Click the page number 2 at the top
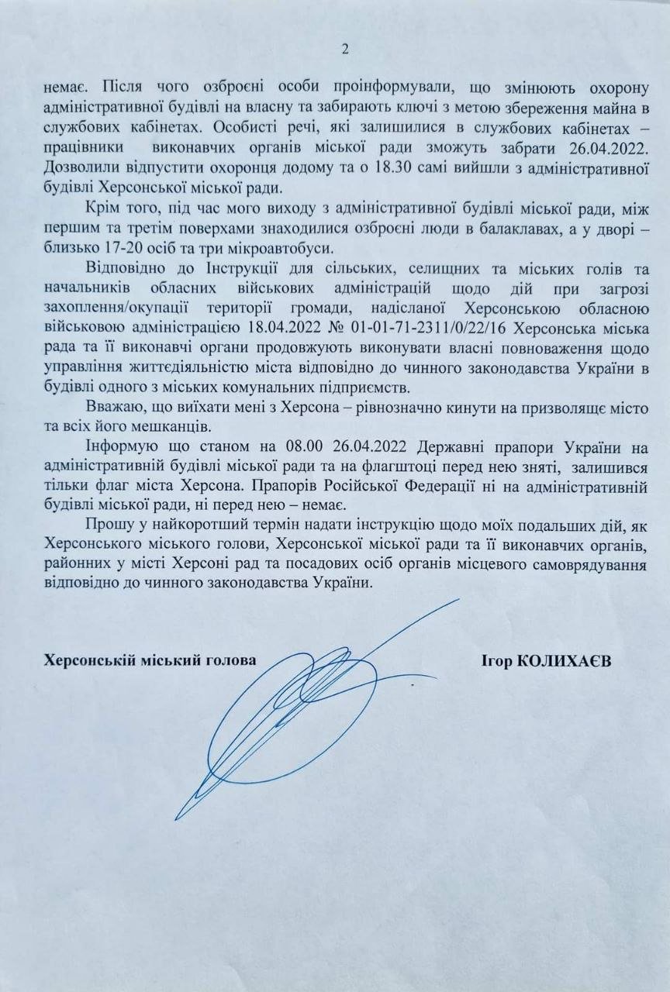click(345, 50)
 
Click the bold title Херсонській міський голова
click(150, 660)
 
